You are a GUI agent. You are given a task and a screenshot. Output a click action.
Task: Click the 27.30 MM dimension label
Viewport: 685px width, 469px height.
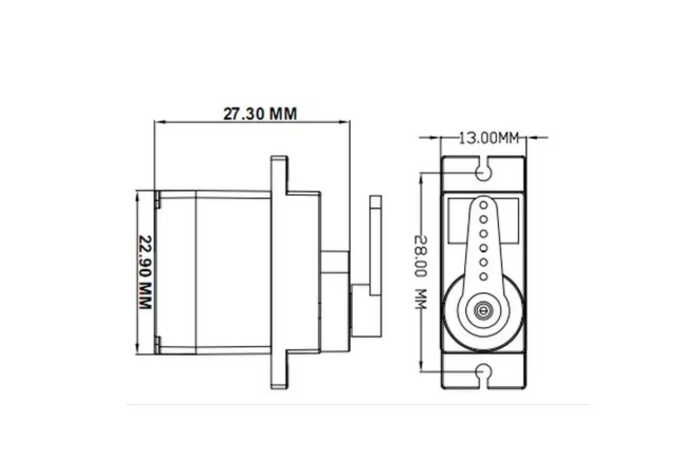click(x=260, y=114)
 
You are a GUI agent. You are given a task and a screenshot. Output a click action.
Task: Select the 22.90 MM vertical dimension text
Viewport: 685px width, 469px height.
click(x=145, y=272)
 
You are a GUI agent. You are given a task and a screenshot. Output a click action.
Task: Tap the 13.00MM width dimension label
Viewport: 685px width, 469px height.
click(x=489, y=138)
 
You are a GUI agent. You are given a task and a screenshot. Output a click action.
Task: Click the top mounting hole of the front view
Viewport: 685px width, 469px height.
click(x=483, y=173)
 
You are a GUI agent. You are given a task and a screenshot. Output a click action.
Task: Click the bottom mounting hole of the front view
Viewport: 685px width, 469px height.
click(x=483, y=372)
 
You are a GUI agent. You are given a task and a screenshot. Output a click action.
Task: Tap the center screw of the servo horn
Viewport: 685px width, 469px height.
click(x=483, y=310)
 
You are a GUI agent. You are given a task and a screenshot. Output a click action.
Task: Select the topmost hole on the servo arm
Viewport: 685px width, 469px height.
click(x=484, y=205)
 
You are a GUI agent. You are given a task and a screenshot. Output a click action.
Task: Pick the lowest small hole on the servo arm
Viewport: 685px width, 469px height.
click(x=484, y=276)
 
